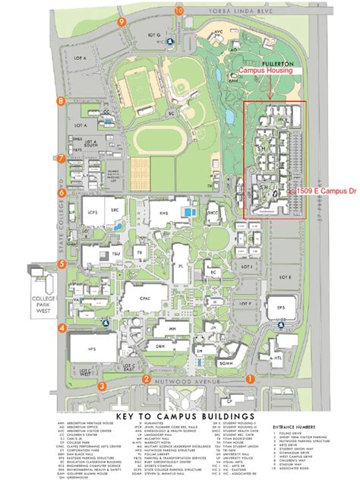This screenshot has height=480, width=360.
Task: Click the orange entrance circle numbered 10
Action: (178, 11)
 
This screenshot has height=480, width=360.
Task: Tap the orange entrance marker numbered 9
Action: (122, 23)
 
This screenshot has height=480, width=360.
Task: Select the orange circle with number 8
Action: (60, 100)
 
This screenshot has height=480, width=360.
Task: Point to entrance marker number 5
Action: (60, 264)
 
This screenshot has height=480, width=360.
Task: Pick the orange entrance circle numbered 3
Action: (101, 386)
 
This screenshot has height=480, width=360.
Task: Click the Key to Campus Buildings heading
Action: (179, 417)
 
